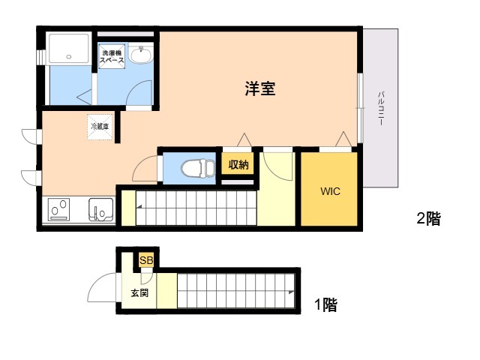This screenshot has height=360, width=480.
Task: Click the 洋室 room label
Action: click(260, 88)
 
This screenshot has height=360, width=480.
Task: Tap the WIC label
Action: click(330, 191)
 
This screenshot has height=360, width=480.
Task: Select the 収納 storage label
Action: click(238, 165)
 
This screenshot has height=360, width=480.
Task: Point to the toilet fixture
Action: click(198, 168)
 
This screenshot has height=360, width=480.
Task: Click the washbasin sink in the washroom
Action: click(140, 54)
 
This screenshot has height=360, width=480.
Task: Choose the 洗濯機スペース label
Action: click(112, 57)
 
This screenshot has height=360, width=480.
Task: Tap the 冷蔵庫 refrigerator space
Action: click(100, 127)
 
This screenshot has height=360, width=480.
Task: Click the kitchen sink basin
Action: click(100, 210)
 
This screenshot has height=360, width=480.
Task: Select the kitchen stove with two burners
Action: click(58, 210)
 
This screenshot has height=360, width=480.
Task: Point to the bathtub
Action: click(69, 49)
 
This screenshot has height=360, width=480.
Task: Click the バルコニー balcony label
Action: click(381, 108)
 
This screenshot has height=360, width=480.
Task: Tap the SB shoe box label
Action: click(146, 260)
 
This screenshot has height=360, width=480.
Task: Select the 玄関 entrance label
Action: click(139, 293)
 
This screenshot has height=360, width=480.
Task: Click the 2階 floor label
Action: click(428, 218)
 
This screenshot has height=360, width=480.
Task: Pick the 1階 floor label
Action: click(326, 304)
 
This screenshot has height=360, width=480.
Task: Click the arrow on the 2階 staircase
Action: click(139, 207)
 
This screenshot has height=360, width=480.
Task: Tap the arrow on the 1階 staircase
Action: click(291, 292)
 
